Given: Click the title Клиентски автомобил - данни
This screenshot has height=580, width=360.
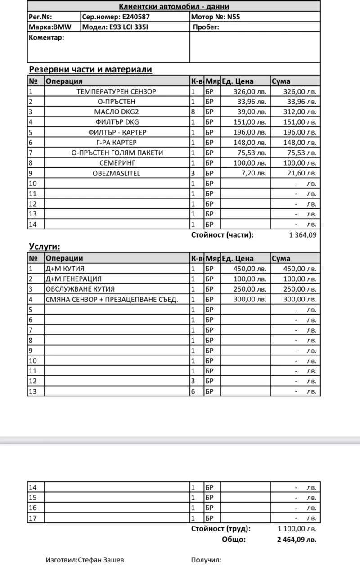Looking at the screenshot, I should (x=174, y=6).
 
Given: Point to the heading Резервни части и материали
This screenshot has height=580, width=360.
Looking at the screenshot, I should (x=90, y=69).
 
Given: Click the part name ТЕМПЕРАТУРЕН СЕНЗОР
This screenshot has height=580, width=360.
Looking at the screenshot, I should (x=117, y=92).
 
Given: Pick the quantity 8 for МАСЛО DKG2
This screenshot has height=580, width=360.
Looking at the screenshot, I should (x=193, y=112).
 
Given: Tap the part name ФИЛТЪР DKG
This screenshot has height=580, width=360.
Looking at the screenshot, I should (x=117, y=122).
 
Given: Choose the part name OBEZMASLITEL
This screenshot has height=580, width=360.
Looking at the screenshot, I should (x=117, y=173).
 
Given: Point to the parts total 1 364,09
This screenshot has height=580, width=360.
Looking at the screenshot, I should (x=303, y=234).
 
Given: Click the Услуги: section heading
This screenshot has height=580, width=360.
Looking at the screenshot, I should (x=45, y=247).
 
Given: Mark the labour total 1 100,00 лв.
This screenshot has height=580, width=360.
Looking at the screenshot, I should (x=297, y=529).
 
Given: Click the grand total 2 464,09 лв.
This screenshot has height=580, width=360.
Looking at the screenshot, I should (x=297, y=540).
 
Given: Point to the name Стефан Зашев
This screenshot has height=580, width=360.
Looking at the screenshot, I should (x=101, y=560).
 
